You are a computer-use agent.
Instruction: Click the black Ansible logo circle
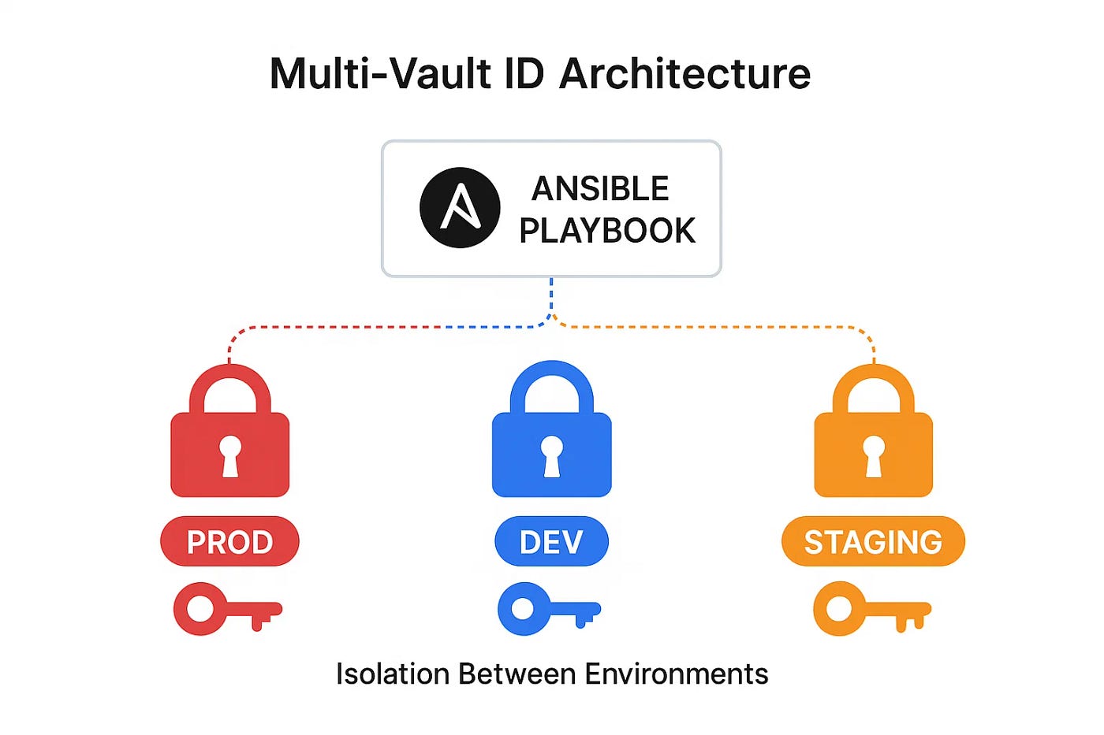460,208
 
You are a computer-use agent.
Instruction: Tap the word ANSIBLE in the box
600,189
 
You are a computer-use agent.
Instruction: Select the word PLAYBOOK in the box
607,231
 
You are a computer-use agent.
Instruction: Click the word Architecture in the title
684,74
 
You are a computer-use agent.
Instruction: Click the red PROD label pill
229,542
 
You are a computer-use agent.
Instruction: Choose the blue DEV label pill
551,542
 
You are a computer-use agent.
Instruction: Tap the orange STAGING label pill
873,542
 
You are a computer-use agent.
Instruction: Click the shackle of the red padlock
230,377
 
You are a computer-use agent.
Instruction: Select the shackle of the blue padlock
552,373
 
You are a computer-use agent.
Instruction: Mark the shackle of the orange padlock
874,377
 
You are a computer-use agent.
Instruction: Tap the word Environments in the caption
676,674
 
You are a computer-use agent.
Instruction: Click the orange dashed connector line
710,326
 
